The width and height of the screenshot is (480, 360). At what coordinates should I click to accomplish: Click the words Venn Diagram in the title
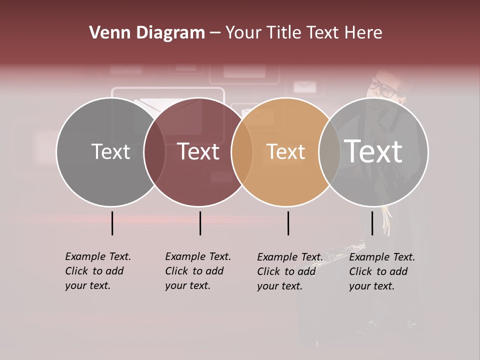click(147, 33)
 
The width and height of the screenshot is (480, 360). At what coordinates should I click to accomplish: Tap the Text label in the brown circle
click(198, 151)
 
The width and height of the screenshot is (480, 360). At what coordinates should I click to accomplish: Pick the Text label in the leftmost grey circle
click(110, 151)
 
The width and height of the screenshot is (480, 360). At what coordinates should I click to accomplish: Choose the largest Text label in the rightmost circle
click(373, 151)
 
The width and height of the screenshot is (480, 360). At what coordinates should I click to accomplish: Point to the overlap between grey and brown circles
click(154, 152)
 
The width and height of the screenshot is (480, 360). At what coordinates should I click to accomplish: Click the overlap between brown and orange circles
click(242, 152)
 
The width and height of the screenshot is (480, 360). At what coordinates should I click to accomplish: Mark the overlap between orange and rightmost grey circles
click(329, 152)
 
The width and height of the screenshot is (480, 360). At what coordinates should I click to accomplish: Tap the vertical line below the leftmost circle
click(112, 223)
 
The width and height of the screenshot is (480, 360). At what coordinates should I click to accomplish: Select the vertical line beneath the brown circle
click(200, 223)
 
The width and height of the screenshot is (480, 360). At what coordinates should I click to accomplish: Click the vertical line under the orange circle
click(288, 223)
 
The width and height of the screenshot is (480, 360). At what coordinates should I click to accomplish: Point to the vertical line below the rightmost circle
click(372, 223)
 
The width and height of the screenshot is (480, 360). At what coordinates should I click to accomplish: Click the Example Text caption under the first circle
click(97, 271)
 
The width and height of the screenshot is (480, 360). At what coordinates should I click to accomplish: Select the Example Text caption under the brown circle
click(197, 271)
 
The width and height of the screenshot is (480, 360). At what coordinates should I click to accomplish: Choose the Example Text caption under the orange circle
click(289, 271)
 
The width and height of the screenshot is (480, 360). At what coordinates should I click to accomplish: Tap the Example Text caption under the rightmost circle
click(381, 271)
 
